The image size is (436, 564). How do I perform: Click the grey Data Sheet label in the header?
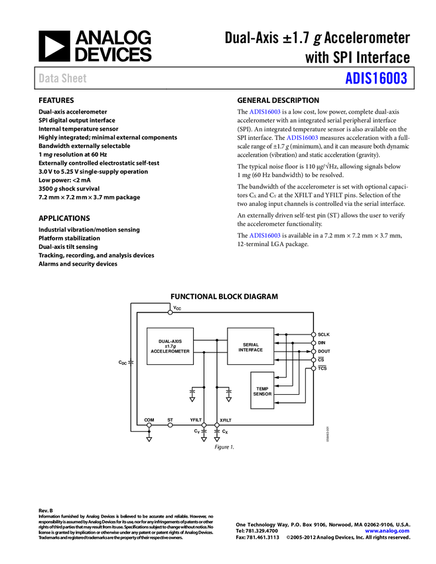tap(63, 78)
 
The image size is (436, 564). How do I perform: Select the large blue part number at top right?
tap(376, 78)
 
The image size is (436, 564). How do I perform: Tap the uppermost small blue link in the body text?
tap(265, 112)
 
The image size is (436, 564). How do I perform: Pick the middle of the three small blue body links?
tap(303, 138)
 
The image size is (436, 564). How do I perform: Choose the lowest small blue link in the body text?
tap(265, 236)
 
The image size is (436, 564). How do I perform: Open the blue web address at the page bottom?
tap(387, 531)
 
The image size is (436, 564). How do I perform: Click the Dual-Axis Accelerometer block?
tap(170, 346)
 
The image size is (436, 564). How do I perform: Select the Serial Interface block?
tap(250, 346)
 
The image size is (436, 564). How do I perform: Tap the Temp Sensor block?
tap(262, 391)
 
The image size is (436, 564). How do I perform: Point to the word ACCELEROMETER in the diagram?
tap(170, 352)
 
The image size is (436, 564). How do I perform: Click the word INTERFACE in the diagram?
tap(251, 350)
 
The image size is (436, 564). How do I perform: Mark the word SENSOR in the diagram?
tap(262, 394)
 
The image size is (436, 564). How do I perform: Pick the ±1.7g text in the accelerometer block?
tap(170, 346)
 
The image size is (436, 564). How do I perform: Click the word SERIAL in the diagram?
tap(251, 344)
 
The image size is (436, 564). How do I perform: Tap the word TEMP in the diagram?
tap(262, 389)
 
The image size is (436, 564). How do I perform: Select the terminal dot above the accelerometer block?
tap(170, 312)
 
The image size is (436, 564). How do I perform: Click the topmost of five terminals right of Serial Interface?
tap(313, 334)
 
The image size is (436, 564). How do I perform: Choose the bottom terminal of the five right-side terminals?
tap(313, 368)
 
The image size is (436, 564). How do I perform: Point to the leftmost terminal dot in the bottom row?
tap(149, 425)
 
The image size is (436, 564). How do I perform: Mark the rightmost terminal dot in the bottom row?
tap(216, 425)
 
